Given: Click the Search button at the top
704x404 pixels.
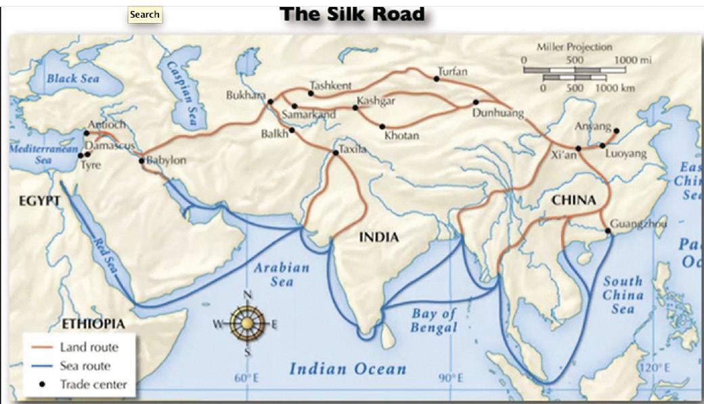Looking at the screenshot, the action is point(145,14).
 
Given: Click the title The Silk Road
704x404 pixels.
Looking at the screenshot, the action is point(353,14).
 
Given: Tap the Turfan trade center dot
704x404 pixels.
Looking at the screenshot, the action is point(437,78).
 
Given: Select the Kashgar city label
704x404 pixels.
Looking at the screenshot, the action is point(376,101).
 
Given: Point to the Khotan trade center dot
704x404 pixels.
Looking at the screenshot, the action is point(382,127).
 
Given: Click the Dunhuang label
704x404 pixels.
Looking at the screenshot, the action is point(498,114).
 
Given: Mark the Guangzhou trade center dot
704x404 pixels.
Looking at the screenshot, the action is point(609,231).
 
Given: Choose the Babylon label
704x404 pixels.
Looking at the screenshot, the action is point(167,161).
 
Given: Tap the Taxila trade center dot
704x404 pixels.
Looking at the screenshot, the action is point(335,153).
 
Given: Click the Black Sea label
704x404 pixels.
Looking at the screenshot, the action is point(73,78).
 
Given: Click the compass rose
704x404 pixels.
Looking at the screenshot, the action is point(248,323).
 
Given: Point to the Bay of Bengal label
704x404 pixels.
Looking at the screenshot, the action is point(434,321).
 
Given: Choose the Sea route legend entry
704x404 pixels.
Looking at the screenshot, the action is point(85,366).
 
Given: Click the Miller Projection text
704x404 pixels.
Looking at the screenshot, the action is point(574,47).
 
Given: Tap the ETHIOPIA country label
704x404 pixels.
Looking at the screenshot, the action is point(93,324).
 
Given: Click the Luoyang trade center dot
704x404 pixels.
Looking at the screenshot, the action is point(602,145).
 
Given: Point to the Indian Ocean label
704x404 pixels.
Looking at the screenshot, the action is point(348,369).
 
